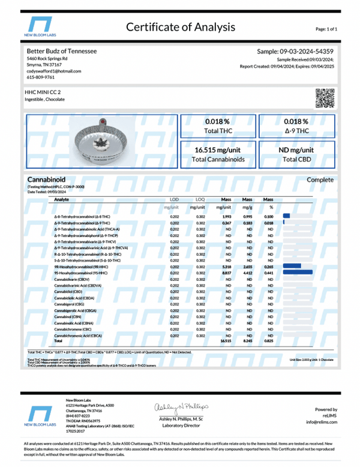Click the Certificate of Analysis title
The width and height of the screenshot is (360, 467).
[180, 28]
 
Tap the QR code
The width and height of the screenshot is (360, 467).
[325, 97]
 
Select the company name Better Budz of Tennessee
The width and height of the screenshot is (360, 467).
[62, 52]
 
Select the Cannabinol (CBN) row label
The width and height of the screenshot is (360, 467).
[68, 315]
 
